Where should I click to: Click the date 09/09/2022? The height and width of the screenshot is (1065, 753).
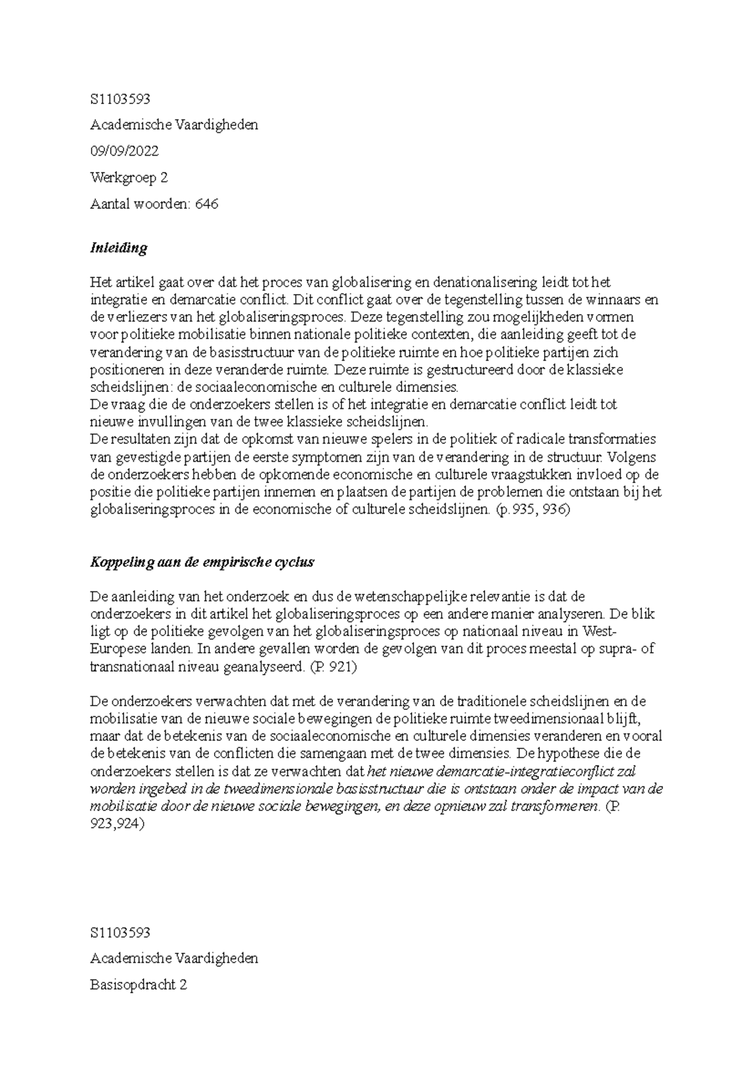[124, 151]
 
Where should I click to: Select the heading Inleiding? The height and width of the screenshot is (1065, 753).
[119, 248]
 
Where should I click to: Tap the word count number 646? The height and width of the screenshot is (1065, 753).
[206, 204]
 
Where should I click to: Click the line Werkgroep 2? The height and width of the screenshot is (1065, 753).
[129, 177]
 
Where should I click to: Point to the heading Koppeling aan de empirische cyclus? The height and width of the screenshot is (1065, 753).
[202, 562]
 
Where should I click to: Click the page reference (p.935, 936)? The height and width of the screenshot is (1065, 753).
[531, 510]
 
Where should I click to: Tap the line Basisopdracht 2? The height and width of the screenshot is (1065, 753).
[139, 985]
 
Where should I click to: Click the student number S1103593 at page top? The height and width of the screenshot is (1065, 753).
[120, 99]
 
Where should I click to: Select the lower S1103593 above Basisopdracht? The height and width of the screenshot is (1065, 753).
[120, 933]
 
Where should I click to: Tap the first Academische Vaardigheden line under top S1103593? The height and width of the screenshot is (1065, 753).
[174, 125]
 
